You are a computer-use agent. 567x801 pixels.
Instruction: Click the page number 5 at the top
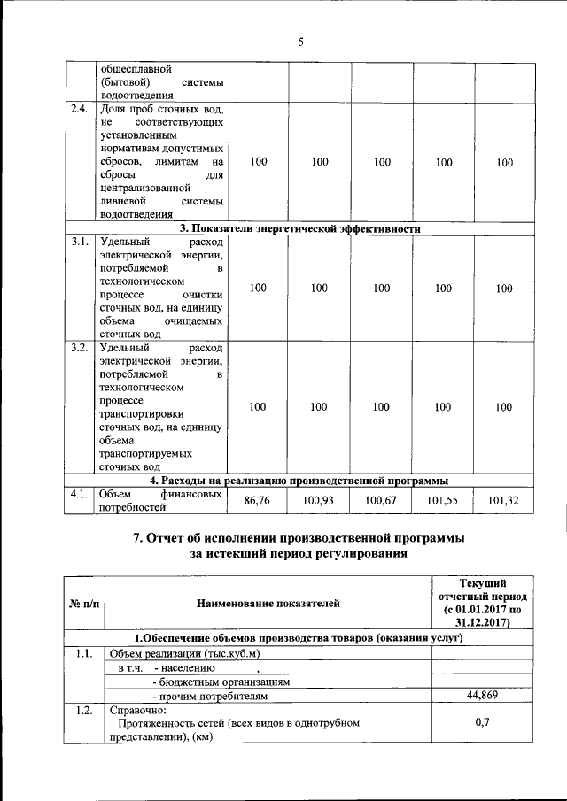coord(300,41)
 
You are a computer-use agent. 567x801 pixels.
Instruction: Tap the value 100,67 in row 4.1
coord(382,501)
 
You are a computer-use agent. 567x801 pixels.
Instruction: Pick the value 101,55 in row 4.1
coord(444,501)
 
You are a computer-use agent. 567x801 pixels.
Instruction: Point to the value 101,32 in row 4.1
coord(504,501)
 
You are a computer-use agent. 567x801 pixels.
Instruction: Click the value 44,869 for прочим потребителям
coord(483,695)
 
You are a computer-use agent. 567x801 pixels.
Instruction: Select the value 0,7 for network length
coord(483,723)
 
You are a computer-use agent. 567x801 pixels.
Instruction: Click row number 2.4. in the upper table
coord(80,110)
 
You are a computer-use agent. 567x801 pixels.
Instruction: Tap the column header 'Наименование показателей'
coord(267,603)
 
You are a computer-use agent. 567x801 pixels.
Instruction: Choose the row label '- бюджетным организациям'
coord(221,682)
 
